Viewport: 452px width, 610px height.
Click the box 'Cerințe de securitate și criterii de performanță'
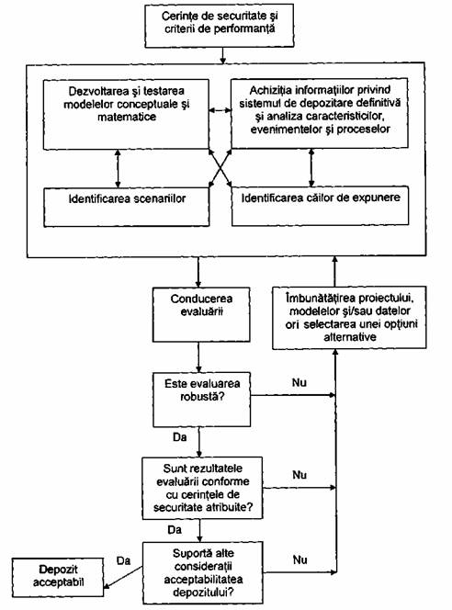point(220,26)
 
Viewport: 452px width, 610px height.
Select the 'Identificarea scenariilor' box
point(127,207)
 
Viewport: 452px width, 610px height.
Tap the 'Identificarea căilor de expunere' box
point(320,206)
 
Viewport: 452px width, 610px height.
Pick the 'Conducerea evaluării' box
point(201,315)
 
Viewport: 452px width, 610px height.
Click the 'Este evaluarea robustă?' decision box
point(201,400)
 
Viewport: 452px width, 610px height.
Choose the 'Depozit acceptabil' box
point(58,577)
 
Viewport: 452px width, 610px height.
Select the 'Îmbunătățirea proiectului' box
point(349,318)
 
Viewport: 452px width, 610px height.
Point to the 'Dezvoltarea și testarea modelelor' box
point(126,114)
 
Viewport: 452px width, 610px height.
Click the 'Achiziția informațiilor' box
point(320,113)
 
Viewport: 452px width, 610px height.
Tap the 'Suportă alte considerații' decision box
point(203,572)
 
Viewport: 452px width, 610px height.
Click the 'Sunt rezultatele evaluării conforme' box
point(202,488)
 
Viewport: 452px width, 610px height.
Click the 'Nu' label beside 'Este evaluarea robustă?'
point(299,383)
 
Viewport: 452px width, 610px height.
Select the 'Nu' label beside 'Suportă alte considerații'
point(299,559)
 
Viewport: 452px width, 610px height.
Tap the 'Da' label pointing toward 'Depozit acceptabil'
point(124,560)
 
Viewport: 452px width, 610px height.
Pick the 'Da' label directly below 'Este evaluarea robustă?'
point(180,437)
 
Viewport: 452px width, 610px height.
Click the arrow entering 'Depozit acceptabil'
point(123,577)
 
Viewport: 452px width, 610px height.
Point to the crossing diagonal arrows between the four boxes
point(220,168)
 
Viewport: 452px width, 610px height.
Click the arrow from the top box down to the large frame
point(222,55)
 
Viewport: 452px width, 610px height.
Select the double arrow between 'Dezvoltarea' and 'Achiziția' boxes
point(220,111)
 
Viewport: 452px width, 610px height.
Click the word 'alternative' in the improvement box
point(350,337)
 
